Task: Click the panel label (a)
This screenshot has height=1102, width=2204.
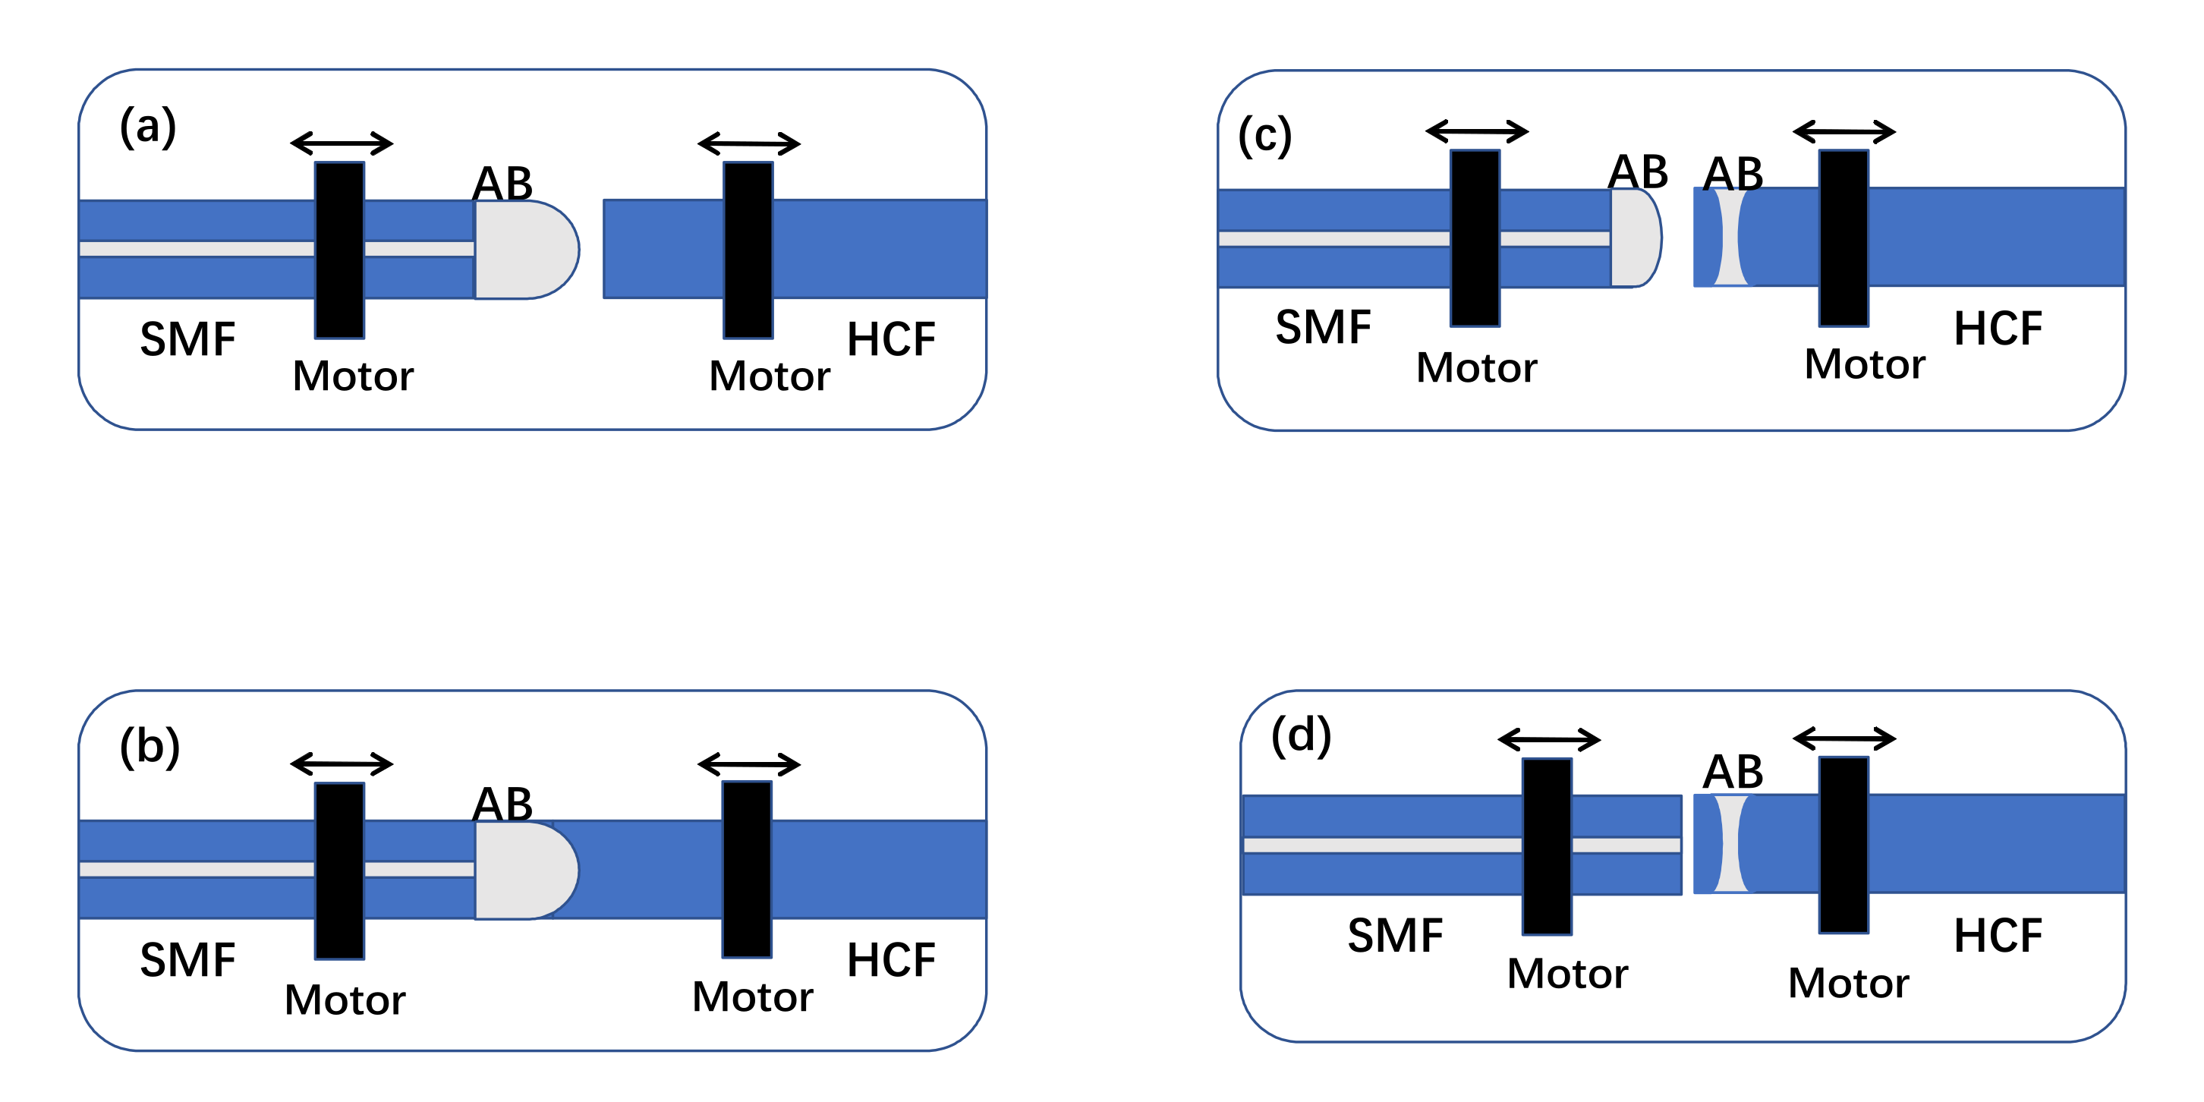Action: pos(148,127)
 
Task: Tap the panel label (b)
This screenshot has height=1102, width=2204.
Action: pos(150,746)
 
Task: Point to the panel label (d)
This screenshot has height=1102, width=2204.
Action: pos(1301,736)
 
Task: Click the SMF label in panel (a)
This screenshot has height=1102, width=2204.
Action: pos(187,340)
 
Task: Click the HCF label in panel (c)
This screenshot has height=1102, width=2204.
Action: pos(1998,329)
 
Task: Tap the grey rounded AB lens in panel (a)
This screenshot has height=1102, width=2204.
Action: pos(524,250)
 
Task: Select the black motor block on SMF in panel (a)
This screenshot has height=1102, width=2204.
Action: pos(340,250)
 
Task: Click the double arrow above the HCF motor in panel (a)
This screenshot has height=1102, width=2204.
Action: pos(748,143)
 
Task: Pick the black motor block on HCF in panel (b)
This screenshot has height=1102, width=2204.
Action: pos(747,869)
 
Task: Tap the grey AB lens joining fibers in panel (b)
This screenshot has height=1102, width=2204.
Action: pos(524,870)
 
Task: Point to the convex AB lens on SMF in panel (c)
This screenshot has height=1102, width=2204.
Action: pos(1634,238)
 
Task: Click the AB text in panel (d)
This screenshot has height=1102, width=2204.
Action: pos(1733,772)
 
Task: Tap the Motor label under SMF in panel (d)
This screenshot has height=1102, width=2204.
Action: pos(1567,974)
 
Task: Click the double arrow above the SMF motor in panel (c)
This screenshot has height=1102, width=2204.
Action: pos(1477,132)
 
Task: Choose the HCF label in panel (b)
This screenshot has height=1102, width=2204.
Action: pos(891,960)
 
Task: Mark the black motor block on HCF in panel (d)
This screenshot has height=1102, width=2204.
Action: pos(1843,845)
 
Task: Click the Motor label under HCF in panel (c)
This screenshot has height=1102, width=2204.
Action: pos(1864,364)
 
